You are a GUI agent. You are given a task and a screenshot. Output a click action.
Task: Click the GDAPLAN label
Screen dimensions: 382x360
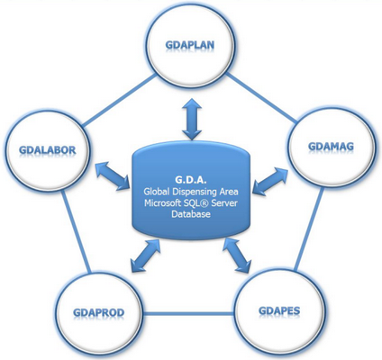point(190,45)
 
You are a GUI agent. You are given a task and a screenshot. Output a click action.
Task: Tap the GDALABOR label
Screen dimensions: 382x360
point(48,149)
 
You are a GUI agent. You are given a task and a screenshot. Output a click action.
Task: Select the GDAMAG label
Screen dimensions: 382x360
point(331,147)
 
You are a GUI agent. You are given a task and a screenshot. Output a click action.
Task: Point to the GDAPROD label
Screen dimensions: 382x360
point(99,312)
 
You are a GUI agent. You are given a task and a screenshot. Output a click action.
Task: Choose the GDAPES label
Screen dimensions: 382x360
point(279,310)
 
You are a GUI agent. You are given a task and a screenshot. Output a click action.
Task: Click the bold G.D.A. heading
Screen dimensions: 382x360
point(191,180)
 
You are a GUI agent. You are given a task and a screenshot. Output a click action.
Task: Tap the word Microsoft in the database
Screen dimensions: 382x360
point(161,202)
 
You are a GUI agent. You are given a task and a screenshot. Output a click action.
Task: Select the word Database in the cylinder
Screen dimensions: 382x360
point(191,214)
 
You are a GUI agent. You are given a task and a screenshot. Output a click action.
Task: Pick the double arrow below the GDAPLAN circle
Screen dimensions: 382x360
point(191,119)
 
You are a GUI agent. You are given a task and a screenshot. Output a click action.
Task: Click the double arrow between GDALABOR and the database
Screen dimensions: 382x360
point(114,176)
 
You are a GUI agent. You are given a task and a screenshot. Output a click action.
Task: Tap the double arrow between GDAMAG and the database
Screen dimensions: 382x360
point(269,181)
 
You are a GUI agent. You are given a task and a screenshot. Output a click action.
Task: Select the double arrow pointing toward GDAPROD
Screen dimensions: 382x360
point(145,256)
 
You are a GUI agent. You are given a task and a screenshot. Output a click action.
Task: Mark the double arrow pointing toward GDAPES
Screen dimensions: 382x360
point(237,255)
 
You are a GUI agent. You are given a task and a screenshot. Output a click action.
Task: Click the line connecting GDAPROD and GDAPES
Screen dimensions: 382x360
point(188,314)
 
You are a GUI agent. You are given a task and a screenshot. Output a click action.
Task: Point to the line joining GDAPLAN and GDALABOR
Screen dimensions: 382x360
point(119,101)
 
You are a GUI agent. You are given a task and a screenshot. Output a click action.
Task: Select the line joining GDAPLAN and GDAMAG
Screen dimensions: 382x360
point(261,98)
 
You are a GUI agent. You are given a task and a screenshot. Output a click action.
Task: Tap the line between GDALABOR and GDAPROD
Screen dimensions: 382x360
point(77,231)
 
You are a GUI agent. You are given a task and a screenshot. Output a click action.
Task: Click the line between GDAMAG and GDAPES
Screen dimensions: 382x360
point(309,229)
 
